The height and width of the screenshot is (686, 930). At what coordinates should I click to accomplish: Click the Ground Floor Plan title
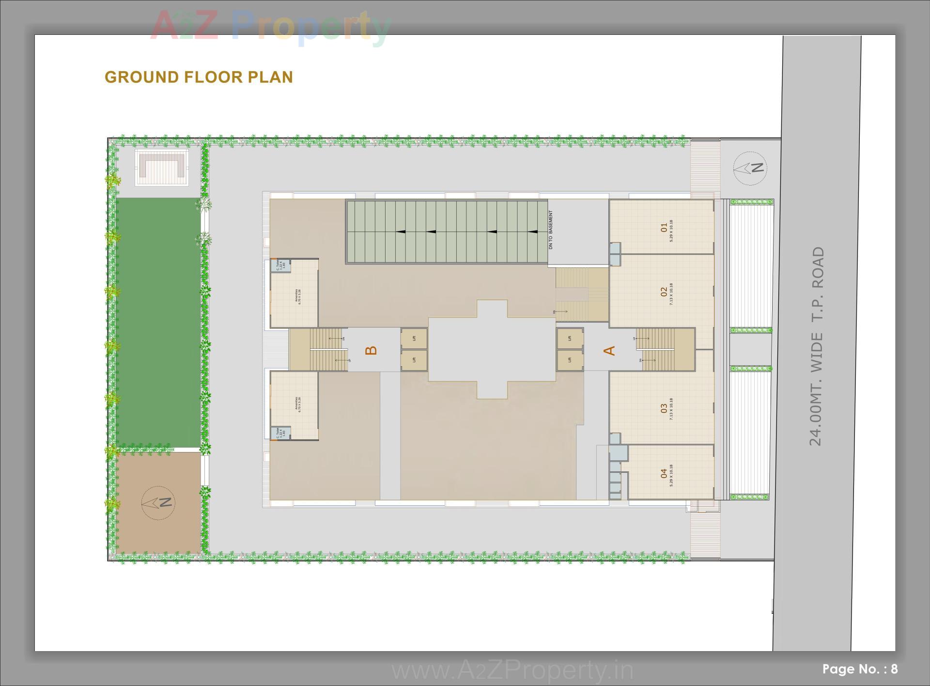(x=199, y=77)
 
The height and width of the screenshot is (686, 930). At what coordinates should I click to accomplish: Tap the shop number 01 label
(x=664, y=227)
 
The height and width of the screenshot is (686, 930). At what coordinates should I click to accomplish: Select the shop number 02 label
(x=664, y=292)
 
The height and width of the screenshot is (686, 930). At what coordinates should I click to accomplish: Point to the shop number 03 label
(x=664, y=409)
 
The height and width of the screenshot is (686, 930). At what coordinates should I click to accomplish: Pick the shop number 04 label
(x=664, y=474)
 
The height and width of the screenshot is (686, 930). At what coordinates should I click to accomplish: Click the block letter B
(x=372, y=350)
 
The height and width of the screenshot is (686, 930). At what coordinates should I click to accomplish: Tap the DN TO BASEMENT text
(x=550, y=230)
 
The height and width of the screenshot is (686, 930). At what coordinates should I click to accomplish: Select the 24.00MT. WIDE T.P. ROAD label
(x=816, y=346)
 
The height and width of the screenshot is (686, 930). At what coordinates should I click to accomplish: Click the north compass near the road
(x=750, y=168)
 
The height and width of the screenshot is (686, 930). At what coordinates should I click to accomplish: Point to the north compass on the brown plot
(x=158, y=502)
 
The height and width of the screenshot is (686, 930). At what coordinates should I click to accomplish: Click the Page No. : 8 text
(x=860, y=669)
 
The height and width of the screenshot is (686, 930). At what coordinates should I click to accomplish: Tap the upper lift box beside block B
(x=414, y=338)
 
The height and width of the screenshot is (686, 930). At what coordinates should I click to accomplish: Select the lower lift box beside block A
(x=570, y=360)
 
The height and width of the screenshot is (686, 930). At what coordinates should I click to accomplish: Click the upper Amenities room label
(x=297, y=296)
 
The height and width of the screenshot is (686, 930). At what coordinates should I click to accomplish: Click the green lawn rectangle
(x=158, y=322)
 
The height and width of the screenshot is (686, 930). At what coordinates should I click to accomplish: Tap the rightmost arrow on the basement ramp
(x=532, y=232)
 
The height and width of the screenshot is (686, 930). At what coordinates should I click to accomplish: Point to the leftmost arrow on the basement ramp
(x=401, y=232)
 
